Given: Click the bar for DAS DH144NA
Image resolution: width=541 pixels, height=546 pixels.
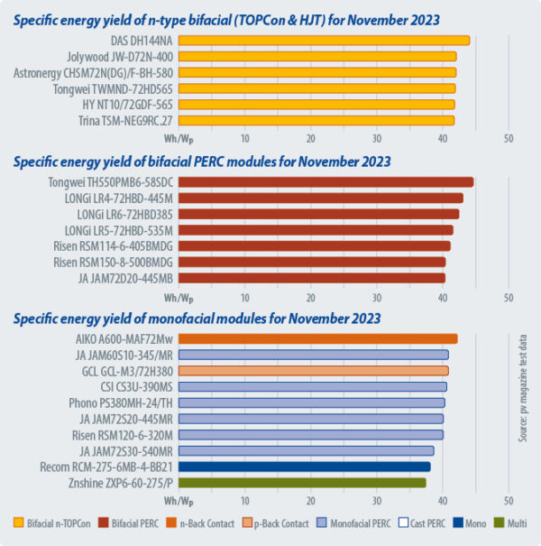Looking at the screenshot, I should (x=325, y=40).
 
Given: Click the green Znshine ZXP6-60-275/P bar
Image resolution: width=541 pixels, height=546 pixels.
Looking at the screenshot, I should (x=303, y=483).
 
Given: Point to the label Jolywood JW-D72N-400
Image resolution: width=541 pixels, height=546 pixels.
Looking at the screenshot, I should (x=121, y=56).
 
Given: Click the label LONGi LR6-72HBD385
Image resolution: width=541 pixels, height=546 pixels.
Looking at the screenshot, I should (x=121, y=214).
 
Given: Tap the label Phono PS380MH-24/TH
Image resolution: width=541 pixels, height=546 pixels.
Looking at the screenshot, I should (x=121, y=403).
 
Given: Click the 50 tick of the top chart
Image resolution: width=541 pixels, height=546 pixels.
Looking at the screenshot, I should (x=509, y=138).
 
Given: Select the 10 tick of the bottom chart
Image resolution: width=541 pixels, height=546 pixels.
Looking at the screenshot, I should (x=245, y=500).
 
